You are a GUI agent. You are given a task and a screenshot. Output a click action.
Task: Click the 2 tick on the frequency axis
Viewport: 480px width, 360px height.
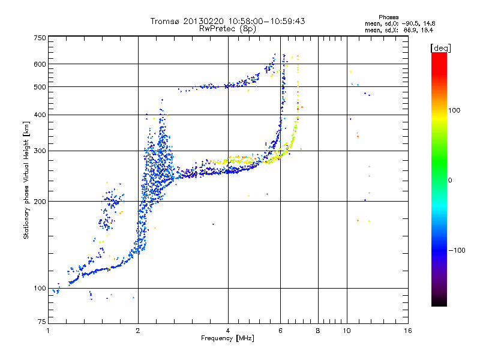tap(138, 331)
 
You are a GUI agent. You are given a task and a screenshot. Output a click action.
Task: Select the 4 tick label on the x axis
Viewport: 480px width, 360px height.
tap(228, 331)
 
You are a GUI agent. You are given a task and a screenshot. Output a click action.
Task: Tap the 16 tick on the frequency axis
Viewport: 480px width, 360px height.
tap(407, 331)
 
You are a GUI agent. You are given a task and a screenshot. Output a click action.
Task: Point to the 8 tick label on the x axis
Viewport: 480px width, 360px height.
tap(318, 331)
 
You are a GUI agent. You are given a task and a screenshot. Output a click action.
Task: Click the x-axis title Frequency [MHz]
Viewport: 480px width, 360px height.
tap(227, 338)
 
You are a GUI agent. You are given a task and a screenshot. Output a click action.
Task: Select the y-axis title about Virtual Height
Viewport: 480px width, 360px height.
tap(26, 181)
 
